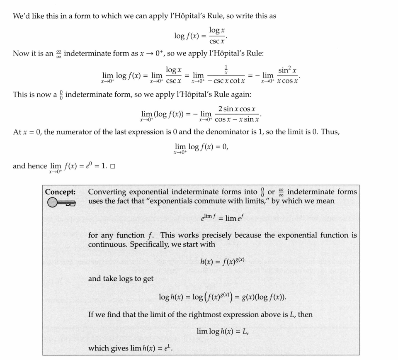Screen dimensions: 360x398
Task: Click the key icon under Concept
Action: click(61, 203)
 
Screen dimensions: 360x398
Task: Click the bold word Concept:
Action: click(60, 192)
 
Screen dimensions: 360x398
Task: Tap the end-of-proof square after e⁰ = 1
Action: click(113, 166)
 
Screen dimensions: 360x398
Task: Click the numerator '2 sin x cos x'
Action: click(237, 109)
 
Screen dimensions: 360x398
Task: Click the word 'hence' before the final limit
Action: click(37, 166)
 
